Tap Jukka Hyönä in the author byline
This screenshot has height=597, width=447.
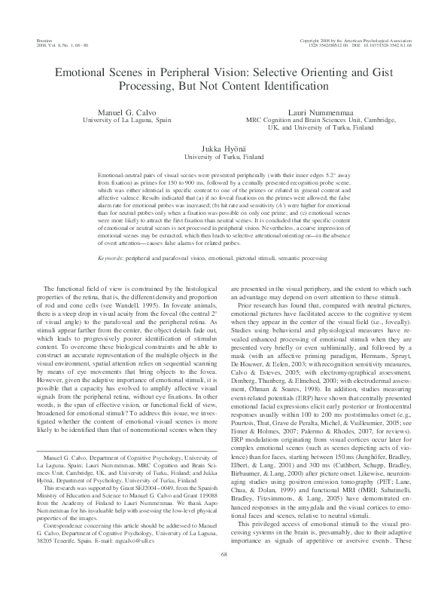pyautogui.click(x=223, y=149)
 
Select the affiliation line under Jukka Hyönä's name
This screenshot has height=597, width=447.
pyautogui.click(x=223, y=158)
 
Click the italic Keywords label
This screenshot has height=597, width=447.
pyautogui.click(x=113, y=259)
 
